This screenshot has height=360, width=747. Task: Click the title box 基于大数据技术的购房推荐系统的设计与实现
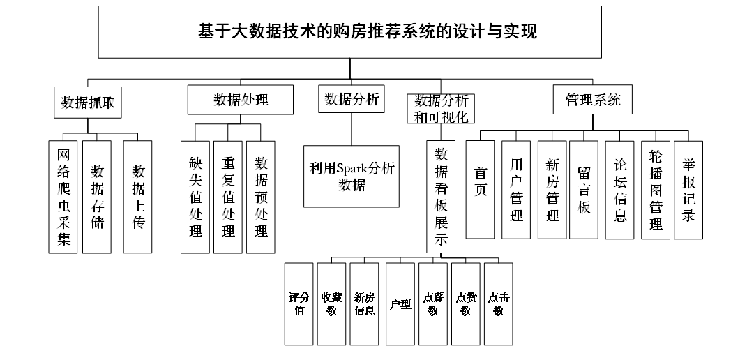[349, 32]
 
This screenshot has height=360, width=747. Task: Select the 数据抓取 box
[88, 102]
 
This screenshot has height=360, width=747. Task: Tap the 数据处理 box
[240, 100]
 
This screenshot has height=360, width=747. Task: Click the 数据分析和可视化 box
[441, 109]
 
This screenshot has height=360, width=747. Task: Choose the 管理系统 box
[593, 100]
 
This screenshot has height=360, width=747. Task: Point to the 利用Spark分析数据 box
[352, 177]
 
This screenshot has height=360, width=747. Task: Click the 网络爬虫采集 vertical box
[63, 197]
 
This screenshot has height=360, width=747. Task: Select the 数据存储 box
[97, 197]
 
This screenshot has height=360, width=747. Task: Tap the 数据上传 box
[137, 197]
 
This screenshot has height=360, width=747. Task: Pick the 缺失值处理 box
[195, 197]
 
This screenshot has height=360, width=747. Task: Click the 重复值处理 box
[228, 197]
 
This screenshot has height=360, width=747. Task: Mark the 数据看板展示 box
[441, 197]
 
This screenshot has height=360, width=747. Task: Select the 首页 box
[480, 189]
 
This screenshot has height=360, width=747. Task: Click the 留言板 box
[584, 190]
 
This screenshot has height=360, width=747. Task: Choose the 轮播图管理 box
[656, 190]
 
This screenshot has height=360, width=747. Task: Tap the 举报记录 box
[688, 190]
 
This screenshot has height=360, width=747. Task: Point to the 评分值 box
[299, 303]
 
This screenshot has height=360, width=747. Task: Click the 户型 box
[400, 303]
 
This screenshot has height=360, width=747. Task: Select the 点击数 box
[499, 303]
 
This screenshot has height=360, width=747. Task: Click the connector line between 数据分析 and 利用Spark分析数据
[352, 129]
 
